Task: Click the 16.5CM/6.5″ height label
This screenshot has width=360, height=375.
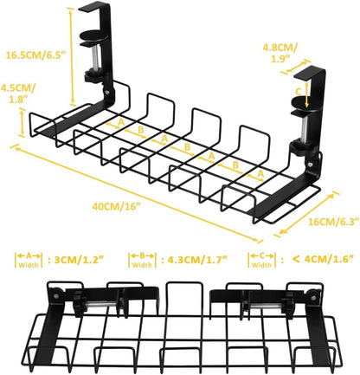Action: click(42, 54)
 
